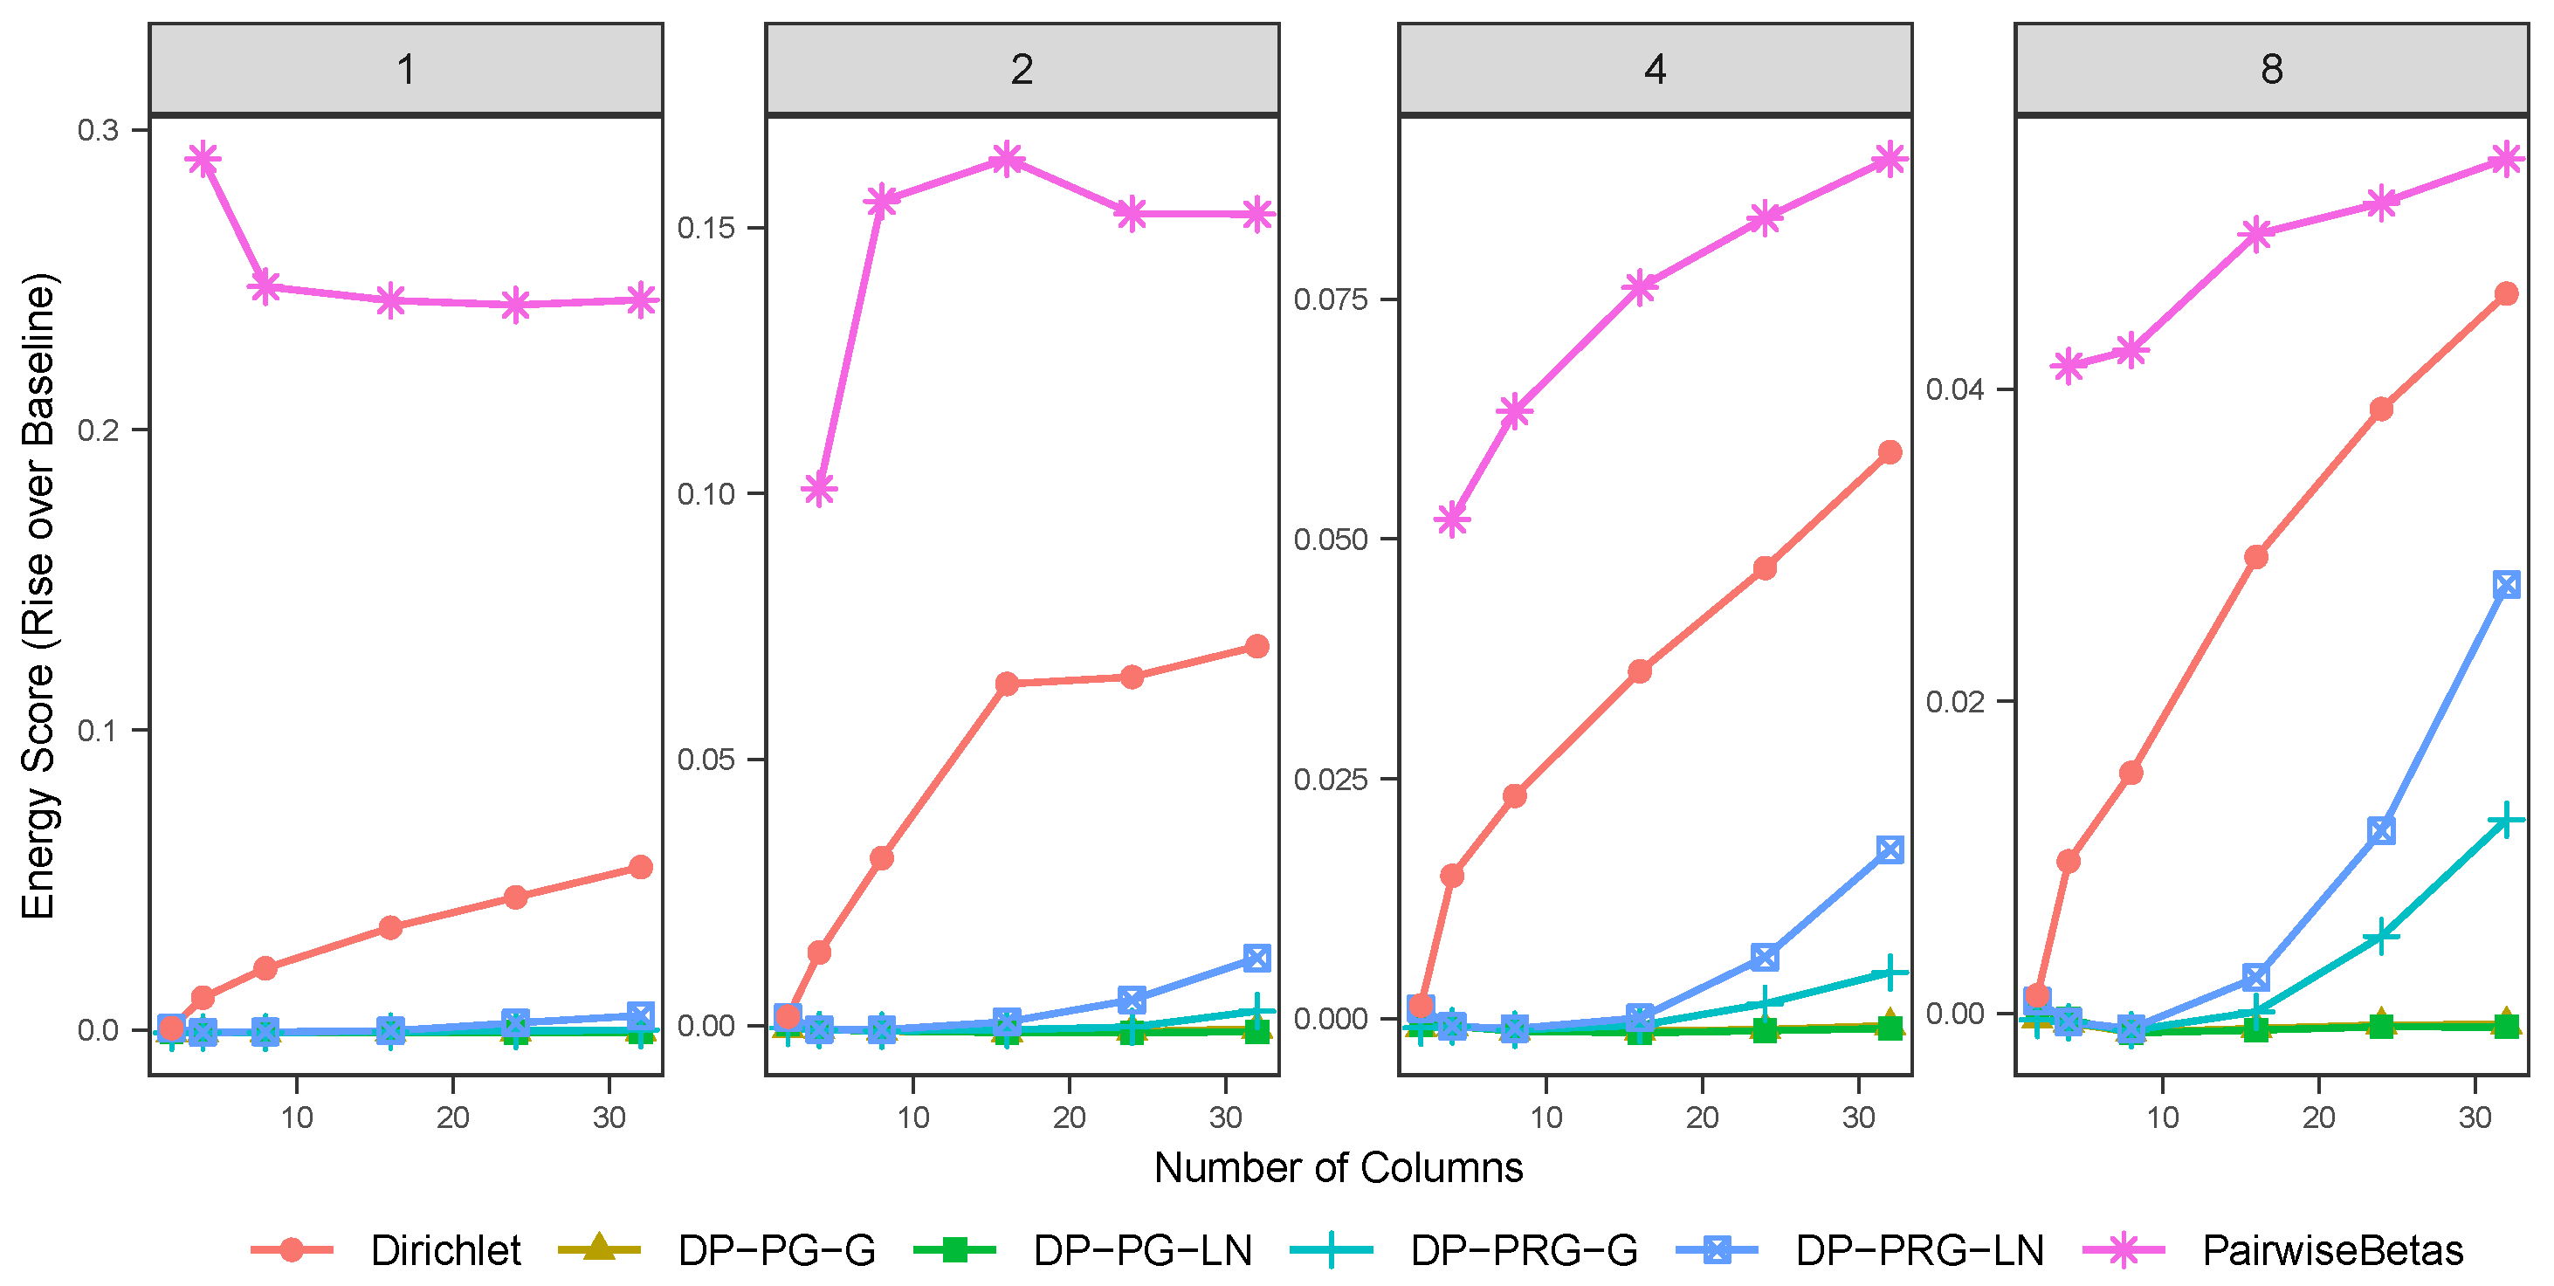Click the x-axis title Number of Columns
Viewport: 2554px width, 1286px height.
click(x=1338, y=1168)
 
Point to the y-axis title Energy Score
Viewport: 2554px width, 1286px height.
click(x=39, y=595)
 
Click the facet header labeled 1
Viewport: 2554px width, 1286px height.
click(x=405, y=69)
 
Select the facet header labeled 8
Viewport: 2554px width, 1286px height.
click(x=2271, y=69)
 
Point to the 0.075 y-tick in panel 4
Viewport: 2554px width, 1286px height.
click(x=1332, y=299)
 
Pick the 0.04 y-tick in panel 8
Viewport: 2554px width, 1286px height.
click(x=1954, y=389)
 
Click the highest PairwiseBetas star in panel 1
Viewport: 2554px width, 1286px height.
click(x=203, y=159)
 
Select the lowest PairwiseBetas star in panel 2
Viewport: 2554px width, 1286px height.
click(x=819, y=489)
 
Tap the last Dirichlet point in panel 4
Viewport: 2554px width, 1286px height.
click(x=1890, y=452)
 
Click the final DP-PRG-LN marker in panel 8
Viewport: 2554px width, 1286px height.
click(x=2506, y=585)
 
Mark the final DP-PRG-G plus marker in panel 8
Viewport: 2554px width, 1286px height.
click(x=2506, y=819)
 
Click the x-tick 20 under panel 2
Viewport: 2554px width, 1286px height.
click(x=1069, y=1118)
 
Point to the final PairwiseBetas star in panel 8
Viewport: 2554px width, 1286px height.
click(x=2506, y=159)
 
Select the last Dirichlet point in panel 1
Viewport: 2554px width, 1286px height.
click(x=642, y=868)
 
